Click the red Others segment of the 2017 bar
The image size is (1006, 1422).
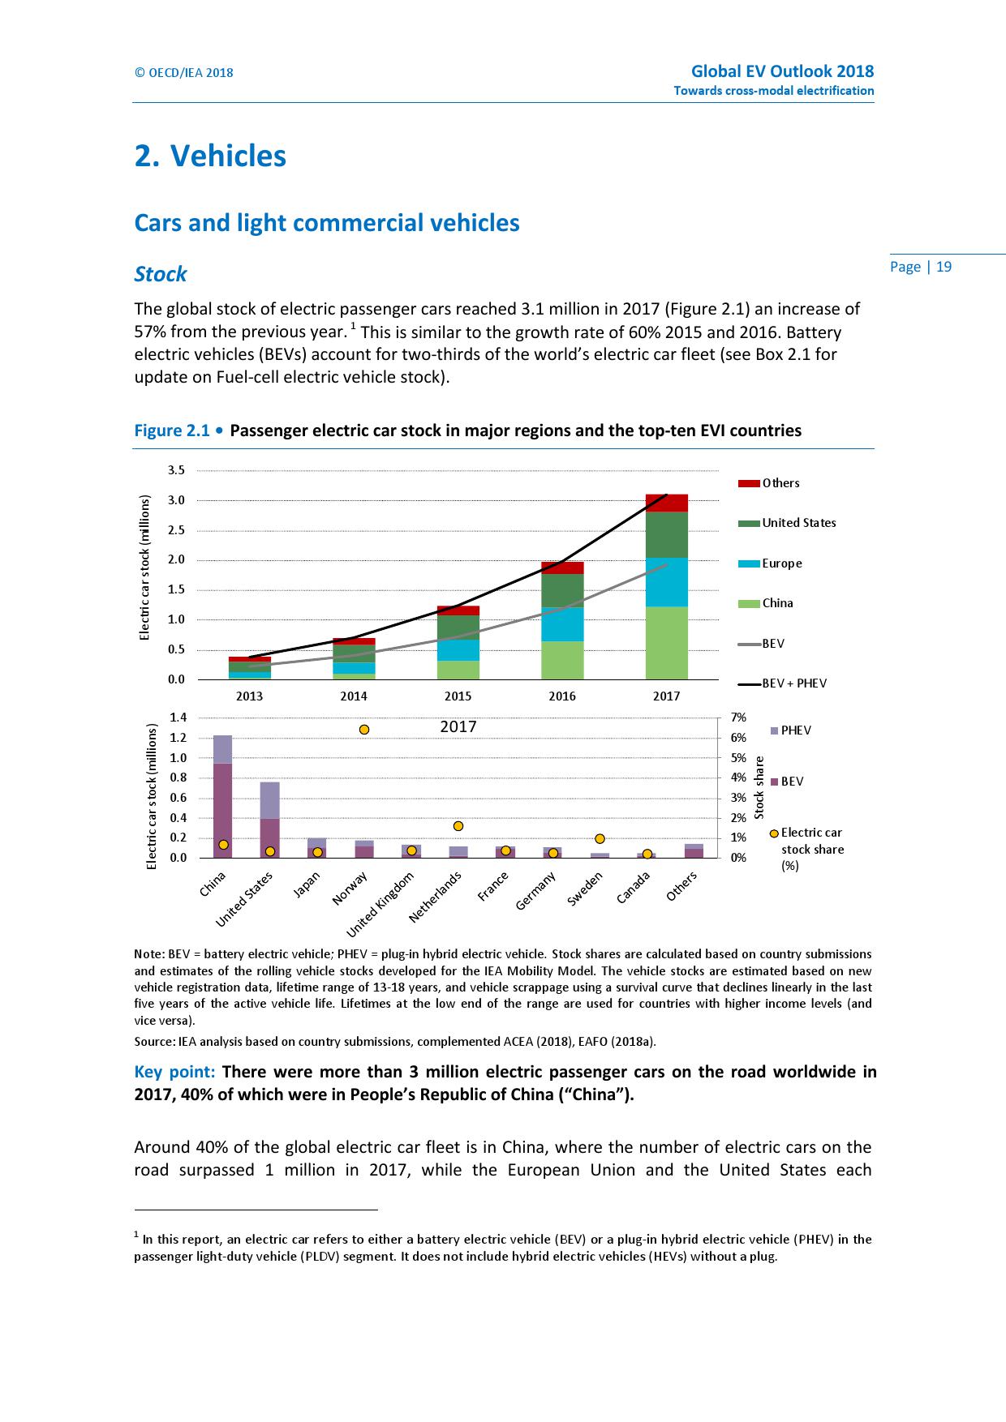click(666, 503)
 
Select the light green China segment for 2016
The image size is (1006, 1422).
click(562, 660)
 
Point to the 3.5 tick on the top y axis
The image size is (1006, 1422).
click(176, 470)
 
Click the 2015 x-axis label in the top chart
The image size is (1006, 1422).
click(458, 696)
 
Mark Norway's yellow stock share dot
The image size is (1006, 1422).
click(364, 730)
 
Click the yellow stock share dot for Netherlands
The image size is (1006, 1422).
click(458, 826)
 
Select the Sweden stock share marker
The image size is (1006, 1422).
click(600, 838)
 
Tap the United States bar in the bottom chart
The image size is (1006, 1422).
click(270, 819)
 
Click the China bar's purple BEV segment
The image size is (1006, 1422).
click(222, 811)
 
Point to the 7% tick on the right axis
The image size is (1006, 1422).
click(738, 718)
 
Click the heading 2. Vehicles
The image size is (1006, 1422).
click(210, 156)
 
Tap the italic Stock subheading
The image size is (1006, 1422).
click(161, 274)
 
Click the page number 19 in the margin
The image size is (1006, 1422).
click(944, 267)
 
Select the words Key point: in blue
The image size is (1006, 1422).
click(174, 1072)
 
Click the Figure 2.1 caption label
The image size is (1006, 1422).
click(172, 430)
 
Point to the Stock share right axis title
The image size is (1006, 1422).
click(759, 787)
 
